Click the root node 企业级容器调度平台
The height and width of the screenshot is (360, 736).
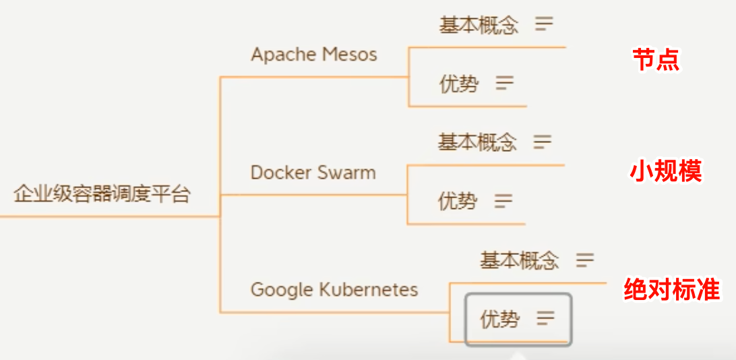102,195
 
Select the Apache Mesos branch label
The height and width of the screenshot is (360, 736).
314,55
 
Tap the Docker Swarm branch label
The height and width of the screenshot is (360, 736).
313,172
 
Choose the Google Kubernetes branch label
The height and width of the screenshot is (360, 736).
334,290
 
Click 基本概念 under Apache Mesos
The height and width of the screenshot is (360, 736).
479,26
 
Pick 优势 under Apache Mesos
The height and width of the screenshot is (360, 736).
459,84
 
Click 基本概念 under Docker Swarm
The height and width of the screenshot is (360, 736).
477,142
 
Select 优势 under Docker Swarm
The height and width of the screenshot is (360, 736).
458,201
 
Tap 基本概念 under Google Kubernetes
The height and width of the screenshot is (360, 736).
519,260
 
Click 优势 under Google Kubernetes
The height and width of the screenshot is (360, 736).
499,319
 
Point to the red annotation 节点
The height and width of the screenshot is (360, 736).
656,60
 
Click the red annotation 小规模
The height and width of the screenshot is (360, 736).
666,171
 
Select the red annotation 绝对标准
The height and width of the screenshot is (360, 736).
672,289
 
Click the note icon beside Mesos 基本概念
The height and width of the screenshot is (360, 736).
544,25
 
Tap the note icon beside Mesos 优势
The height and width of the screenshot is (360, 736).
504,84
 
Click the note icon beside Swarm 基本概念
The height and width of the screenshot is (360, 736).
543,142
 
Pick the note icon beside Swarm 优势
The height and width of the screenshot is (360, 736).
503,200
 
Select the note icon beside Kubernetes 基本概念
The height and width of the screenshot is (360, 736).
585,260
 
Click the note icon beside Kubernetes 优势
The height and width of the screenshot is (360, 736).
545,318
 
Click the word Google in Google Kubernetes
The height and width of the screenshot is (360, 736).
272,290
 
